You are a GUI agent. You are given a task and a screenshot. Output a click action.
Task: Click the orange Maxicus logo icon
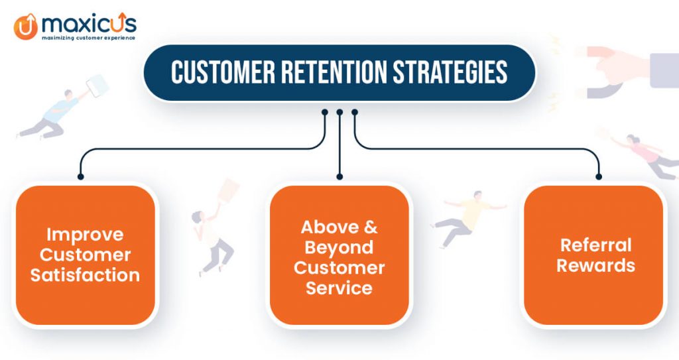click(x=25, y=26)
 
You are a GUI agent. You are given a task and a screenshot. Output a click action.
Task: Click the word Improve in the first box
click(x=85, y=234)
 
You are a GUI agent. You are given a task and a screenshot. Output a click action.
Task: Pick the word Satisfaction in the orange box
click(x=85, y=274)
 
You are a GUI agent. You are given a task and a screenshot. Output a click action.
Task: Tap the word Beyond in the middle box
click(x=339, y=247)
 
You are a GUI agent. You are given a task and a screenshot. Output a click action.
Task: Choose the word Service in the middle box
click(x=339, y=288)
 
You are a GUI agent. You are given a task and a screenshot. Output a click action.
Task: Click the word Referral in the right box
click(x=595, y=245)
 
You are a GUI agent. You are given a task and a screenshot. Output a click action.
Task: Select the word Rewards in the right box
click(x=595, y=266)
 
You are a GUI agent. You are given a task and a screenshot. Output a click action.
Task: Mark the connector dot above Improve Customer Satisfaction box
click(x=80, y=177)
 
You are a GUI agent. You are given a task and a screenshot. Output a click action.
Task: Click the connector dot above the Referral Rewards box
click(x=599, y=177)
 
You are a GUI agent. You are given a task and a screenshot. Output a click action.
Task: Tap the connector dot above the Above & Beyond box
click(x=339, y=177)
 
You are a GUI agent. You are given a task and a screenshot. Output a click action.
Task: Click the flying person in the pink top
click(x=640, y=153)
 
